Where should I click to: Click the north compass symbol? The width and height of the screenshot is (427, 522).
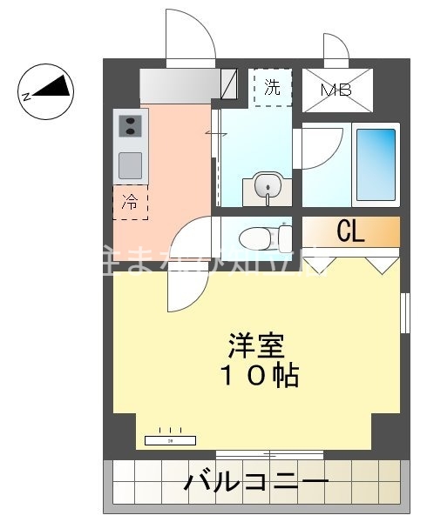pos(46,89)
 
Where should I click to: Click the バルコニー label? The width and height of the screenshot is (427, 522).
pos(256,481)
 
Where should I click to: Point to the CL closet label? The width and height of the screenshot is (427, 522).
pos(350,231)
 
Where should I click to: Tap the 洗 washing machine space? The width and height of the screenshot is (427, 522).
pos(272,87)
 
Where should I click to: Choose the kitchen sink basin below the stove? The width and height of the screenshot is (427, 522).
pos(130,164)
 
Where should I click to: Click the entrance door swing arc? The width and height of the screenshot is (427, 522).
pos(189,35)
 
